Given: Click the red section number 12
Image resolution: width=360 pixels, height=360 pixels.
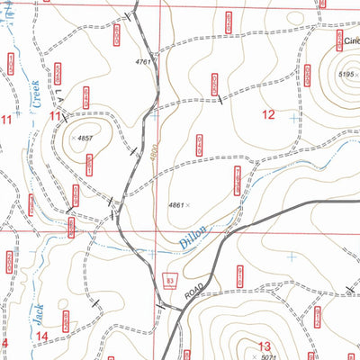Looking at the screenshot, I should (268, 114).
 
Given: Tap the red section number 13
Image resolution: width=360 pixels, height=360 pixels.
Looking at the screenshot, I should (264, 346).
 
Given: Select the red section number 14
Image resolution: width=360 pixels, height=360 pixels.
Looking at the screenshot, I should (42, 337).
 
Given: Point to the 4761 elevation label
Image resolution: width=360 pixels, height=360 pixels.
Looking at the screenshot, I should (142, 61).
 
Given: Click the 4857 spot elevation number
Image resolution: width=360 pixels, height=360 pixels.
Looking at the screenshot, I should (86, 139).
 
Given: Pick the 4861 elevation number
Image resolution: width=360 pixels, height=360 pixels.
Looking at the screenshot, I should (175, 205).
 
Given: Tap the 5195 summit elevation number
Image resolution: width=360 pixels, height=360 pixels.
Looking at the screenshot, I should (348, 73).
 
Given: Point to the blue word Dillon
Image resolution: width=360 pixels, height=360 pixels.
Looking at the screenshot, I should (192, 237).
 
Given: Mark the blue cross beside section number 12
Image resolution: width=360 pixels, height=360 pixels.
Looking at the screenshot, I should (292, 118).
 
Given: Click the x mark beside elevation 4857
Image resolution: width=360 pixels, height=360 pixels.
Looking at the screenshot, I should (72, 139).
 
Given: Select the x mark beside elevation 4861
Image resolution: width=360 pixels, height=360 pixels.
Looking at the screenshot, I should (188, 205).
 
